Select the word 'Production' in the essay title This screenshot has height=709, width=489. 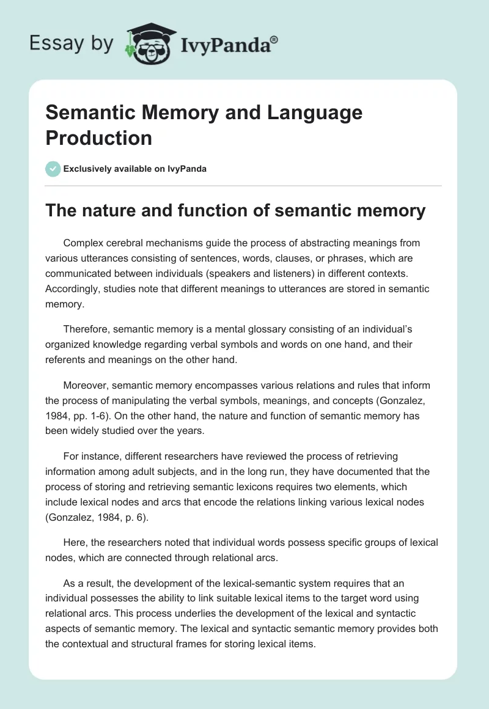click(99, 138)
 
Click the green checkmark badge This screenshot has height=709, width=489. click(53, 169)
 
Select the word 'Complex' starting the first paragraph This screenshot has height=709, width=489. click(83, 243)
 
